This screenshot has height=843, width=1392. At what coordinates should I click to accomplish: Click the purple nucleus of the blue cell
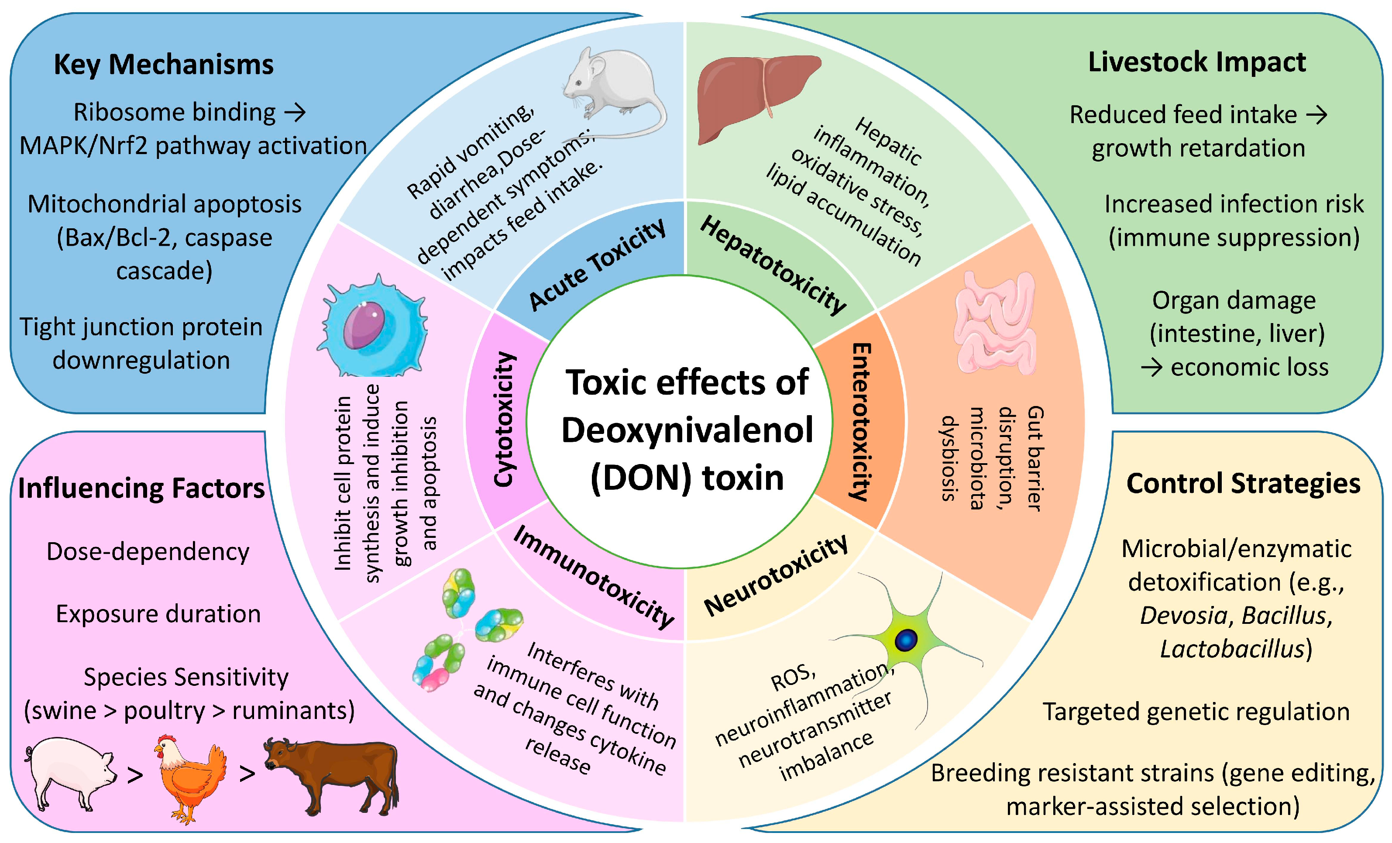pyautogui.click(x=364, y=325)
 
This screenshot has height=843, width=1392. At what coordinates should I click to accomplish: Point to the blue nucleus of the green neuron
pyautogui.click(x=906, y=640)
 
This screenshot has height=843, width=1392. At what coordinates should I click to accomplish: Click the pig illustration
pyautogui.click(x=71, y=771)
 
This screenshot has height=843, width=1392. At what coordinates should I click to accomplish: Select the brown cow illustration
pyautogui.click(x=333, y=774)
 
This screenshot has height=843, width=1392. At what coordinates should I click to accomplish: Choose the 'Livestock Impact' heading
pyautogui.click(x=1196, y=62)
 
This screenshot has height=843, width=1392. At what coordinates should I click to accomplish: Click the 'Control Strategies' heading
pyautogui.click(x=1243, y=484)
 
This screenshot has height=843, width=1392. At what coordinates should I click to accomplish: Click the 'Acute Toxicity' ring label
pyautogui.click(x=597, y=265)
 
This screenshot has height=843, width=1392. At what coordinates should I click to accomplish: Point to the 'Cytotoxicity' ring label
pyautogui.click(x=504, y=419)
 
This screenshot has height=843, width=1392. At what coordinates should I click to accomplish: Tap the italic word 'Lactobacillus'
pyautogui.click(x=1231, y=649)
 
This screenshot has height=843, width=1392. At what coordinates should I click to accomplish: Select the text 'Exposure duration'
pyautogui.click(x=158, y=614)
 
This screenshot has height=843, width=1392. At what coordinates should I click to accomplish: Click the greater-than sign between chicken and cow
pyautogui.click(x=247, y=774)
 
